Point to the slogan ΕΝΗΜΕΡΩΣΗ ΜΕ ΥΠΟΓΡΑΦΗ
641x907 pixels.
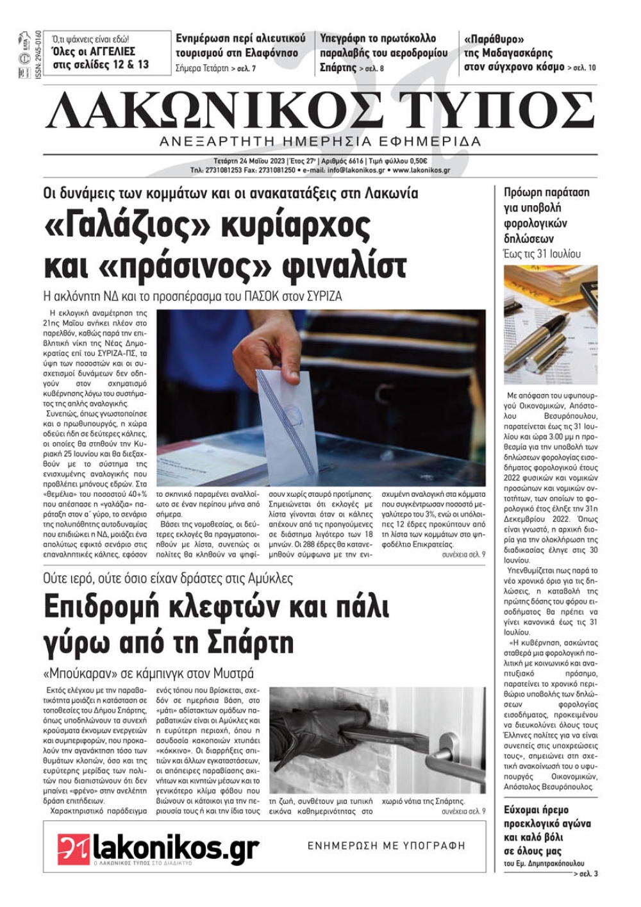coord(386,845)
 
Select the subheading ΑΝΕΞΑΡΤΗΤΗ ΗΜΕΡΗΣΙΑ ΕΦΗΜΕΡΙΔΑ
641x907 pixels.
coord(320,142)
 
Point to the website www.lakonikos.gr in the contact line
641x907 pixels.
coord(421,171)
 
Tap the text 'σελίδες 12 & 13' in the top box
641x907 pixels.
coord(101,64)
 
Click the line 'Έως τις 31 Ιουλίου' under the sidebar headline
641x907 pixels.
coord(542,254)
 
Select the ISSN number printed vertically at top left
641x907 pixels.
coord(37,54)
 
